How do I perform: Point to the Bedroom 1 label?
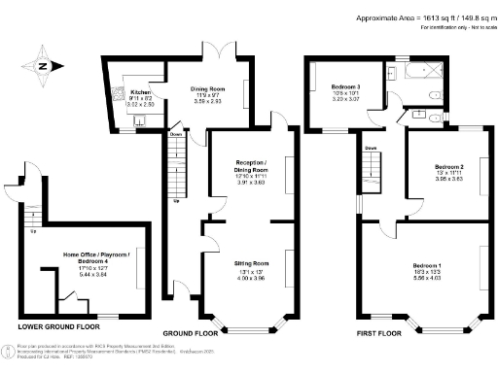click(427, 265)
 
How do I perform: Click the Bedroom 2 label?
click(448, 167)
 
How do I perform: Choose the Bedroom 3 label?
click(346, 87)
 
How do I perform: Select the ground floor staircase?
click(176, 165)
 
